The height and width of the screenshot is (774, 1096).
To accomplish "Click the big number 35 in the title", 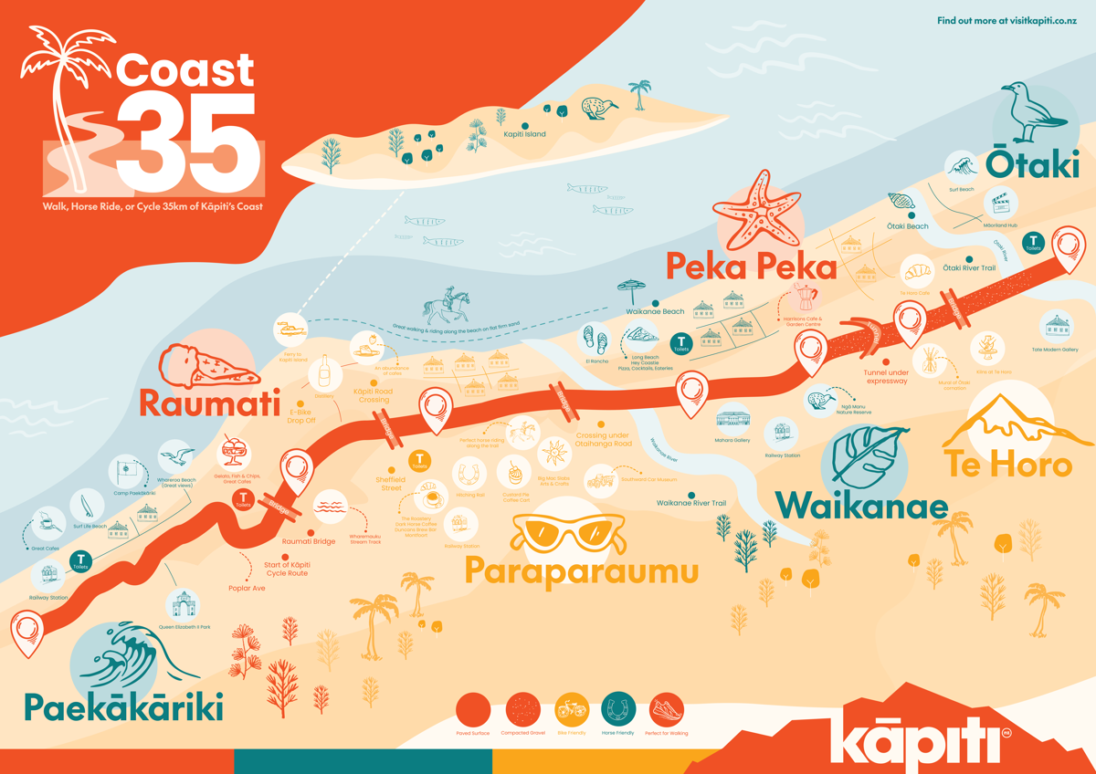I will (187, 137).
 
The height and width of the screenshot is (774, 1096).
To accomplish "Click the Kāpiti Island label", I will (524, 134).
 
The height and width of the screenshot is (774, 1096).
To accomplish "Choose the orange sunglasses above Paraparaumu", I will (569, 532).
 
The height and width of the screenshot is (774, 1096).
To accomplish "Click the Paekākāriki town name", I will (123, 708).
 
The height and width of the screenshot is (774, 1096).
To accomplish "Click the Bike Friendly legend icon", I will (572, 708).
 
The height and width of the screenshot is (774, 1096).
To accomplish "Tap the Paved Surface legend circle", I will (473, 708).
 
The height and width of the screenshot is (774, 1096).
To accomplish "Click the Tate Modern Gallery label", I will (1056, 350).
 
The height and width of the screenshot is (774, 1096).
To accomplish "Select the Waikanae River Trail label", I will (690, 502).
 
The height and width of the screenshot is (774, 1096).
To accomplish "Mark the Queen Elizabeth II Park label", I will (184, 627).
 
